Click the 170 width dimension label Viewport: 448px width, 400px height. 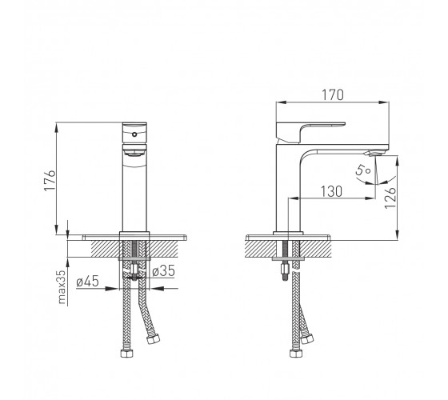tap(333, 95)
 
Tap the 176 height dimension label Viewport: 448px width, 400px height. tap(50, 181)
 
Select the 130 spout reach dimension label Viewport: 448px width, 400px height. tap(331, 191)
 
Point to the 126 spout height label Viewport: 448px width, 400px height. tap(390, 198)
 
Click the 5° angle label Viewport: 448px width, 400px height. tap(363, 170)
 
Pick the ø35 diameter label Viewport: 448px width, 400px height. tap(163, 271)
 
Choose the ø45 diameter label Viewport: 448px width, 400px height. tap(87, 281)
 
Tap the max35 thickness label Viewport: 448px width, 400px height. tap(62, 286)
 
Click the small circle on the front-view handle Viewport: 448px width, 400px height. tap(134, 134)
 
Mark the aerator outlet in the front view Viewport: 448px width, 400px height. tap(134, 154)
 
